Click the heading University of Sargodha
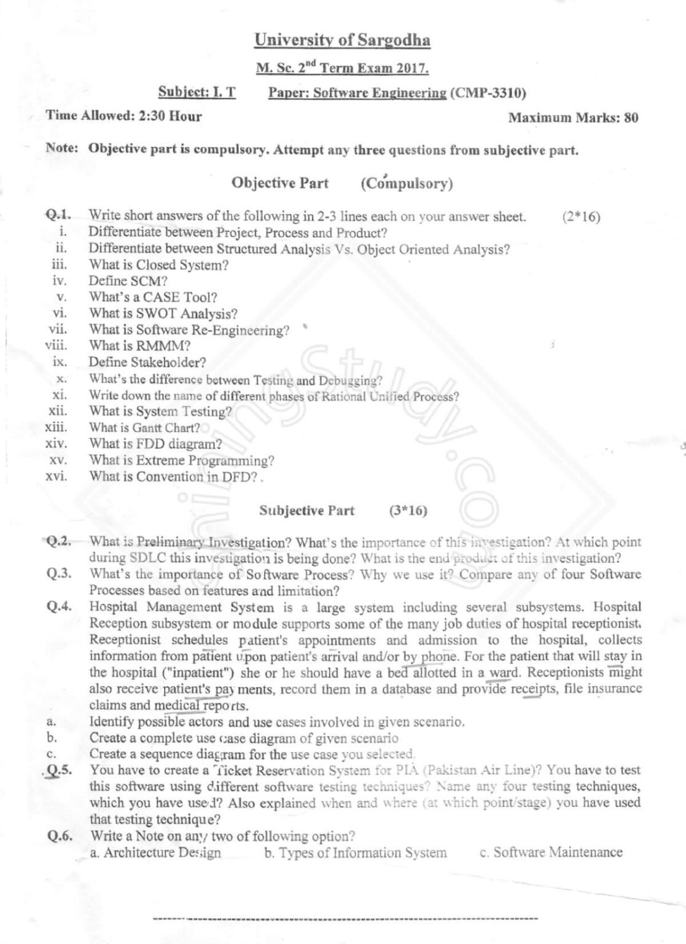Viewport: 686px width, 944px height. coord(342,41)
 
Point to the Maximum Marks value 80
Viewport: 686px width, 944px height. coord(631,118)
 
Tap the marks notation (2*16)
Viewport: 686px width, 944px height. coord(580,216)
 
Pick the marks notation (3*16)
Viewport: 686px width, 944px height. coord(408,511)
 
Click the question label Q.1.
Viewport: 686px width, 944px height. coord(58,215)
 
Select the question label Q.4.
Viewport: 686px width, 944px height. coord(59,607)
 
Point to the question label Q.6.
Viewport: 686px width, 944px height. coord(60,836)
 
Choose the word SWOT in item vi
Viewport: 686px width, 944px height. coord(156,313)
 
